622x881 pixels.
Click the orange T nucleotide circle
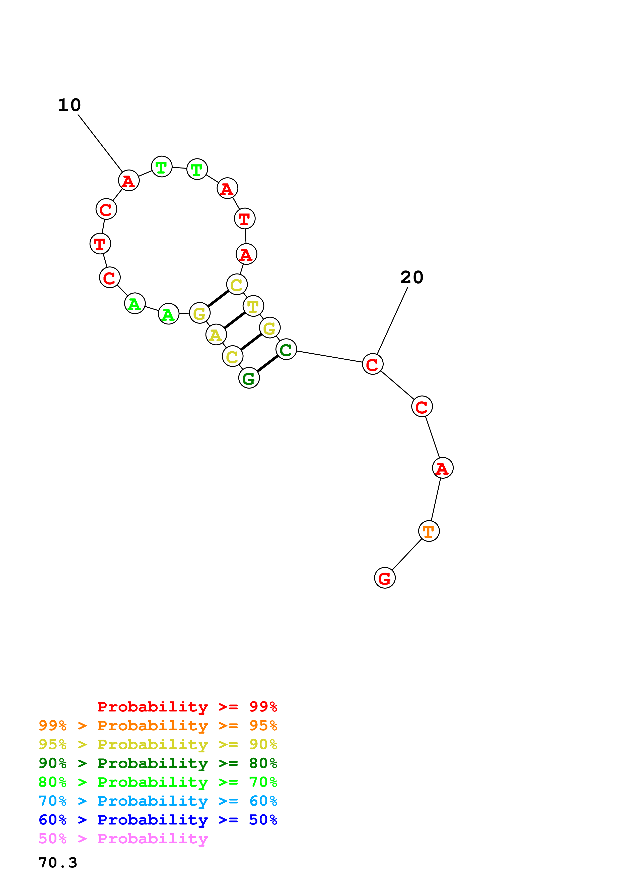point(429,531)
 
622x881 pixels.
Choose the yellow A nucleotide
point(216,335)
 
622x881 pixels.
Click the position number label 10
point(69,105)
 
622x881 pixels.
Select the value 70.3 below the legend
point(58,863)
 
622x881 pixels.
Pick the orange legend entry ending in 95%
point(158,726)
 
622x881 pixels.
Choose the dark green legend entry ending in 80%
point(158,763)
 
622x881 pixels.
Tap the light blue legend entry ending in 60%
point(158,801)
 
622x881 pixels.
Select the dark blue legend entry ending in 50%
point(158,820)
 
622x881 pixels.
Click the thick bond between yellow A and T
point(235,320)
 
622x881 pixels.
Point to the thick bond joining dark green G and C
point(267,364)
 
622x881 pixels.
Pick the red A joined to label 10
point(128,180)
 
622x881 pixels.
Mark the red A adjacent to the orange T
point(442,468)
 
